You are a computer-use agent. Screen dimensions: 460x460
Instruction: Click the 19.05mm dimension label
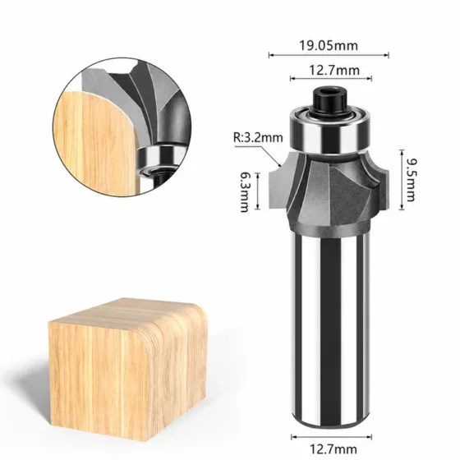tap(329, 46)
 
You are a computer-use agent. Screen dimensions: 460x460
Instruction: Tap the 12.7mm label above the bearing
tap(334, 71)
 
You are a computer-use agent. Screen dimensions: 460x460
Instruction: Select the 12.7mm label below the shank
tap(333, 449)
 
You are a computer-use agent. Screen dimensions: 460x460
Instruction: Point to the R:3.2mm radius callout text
tap(258, 137)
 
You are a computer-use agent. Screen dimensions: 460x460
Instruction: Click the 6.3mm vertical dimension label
tap(245, 191)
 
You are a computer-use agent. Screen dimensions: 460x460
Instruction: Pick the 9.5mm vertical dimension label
tap(411, 180)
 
